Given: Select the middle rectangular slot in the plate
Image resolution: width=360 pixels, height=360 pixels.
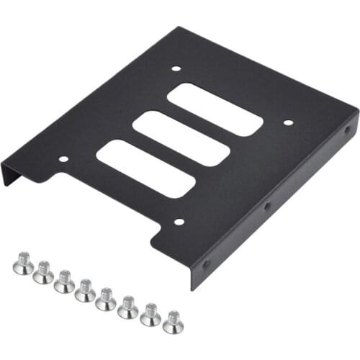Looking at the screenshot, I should pyautogui.click(x=181, y=138).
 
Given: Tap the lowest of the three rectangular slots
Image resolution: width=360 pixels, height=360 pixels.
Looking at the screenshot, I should pyautogui.click(x=145, y=168).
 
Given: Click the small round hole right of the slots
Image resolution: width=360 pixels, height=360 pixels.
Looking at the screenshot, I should pyautogui.click(x=288, y=122).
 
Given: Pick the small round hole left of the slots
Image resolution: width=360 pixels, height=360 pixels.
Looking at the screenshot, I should pyautogui.click(x=63, y=158).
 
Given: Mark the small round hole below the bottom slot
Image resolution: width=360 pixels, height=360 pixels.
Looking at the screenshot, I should pyautogui.click(x=179, y=222).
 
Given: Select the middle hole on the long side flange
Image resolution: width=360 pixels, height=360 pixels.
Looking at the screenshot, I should pyautogui.click(x=267, y=206).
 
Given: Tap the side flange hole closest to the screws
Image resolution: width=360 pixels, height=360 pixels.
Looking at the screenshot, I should pyautogui.click(x=206, y=264).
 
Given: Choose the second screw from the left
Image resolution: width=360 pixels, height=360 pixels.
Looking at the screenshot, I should pyautogui.click(x=43, y=272).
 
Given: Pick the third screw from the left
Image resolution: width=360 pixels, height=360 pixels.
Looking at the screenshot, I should pyautogui.click(x=65, y=281).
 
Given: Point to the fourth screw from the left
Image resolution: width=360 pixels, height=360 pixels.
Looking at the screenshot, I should pyautogui.click(x=86, y=289).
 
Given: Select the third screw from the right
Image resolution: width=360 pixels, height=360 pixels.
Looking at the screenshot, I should pyautogui.click(x=128, y=306).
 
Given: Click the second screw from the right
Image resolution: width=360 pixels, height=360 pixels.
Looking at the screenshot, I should pyautogui.click(x=150, y=314).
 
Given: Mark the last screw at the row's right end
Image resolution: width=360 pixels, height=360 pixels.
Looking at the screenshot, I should pyautogui.click(x=173, y=322).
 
